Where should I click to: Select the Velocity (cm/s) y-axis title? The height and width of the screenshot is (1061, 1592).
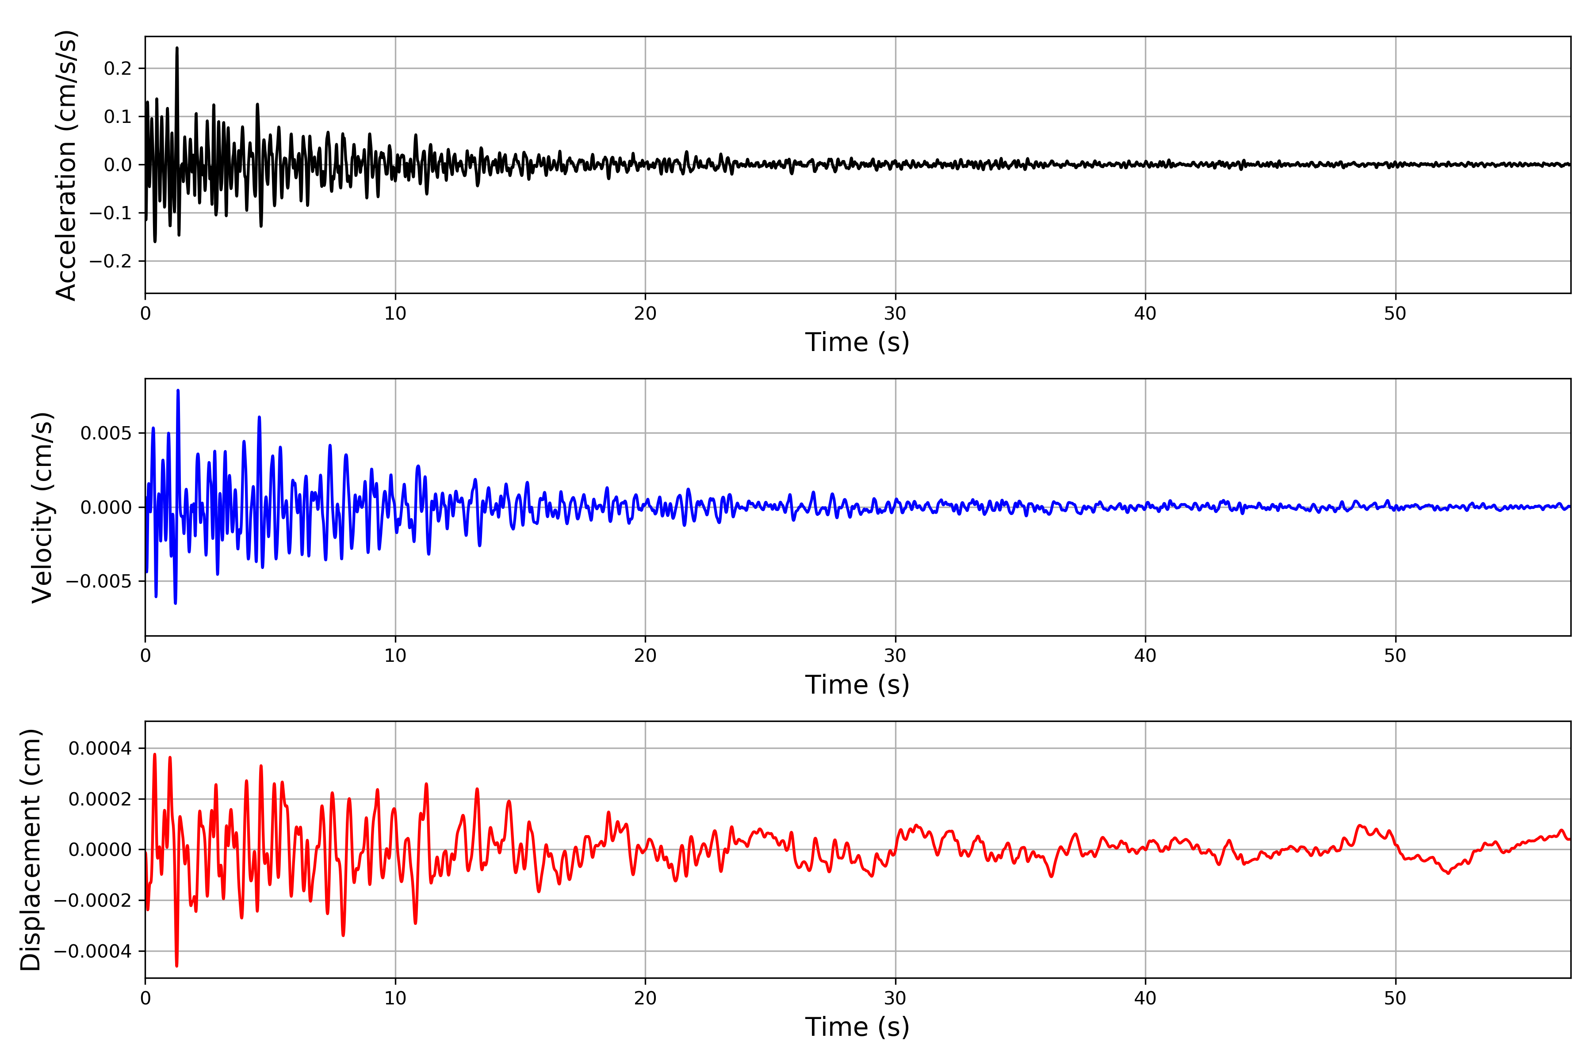click(x=42, y=508)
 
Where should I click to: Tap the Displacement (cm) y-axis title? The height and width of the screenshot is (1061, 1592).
click(x=31, y=850)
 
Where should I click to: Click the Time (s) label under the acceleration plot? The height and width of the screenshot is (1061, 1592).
click(x=857, y=342)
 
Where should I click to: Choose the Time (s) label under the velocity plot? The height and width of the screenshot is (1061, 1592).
click(x=857, y=685)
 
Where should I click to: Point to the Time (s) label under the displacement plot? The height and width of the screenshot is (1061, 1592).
click(x=857, y=1027)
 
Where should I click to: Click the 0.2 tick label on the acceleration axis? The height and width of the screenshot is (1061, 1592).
click(x=117, y=69)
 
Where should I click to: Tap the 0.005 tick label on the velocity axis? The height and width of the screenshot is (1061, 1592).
click(x=106, y=433)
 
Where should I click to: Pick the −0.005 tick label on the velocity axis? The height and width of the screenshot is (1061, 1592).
click(x=99, y=581)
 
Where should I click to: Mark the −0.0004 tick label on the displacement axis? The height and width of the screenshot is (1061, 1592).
click(x=93, y=951)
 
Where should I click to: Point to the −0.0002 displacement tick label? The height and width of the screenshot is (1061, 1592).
click(x=93, y=901)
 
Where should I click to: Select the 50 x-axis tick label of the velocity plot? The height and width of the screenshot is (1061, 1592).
click(x=1395, y=656)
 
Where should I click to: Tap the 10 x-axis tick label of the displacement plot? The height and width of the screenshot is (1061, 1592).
click(x=395, y=998)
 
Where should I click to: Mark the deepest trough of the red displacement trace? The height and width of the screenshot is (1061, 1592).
click(x=176, y=966)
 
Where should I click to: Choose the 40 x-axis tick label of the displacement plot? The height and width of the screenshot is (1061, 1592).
click(x=1145, y=998)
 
